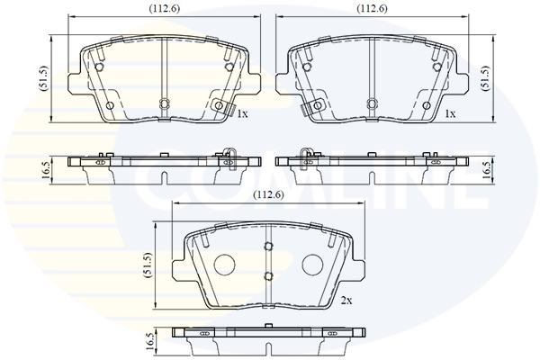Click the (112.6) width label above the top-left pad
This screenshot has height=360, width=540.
pos(165,9)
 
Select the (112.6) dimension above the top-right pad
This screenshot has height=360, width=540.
pos(372,9)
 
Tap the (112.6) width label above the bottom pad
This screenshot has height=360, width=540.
pos(268,195)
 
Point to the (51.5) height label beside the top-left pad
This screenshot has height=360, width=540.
pos(45,78)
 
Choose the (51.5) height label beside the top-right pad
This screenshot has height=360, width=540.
pos(486,78)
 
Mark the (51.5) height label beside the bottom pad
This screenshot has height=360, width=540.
pos(148,265)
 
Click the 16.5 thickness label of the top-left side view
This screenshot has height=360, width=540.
pos(45,170)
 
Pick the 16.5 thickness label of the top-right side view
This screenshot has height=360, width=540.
pos(486,170)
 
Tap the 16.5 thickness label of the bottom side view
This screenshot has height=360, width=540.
pos(148,342)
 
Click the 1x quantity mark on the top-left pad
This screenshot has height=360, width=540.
pos(243,113)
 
